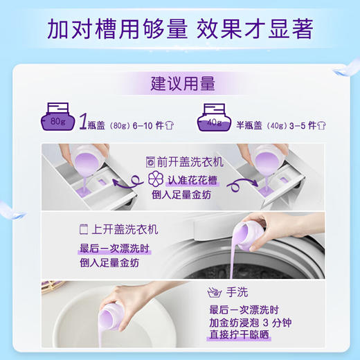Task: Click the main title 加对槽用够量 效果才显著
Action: tap(180, 29)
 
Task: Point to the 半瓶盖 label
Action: tap(251, 125)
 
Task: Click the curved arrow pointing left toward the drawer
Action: tap(129, 183)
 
